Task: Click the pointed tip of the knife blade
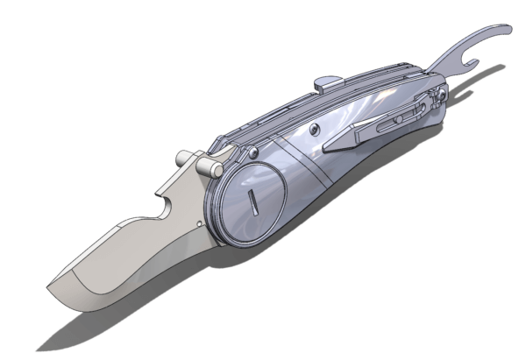49,289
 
